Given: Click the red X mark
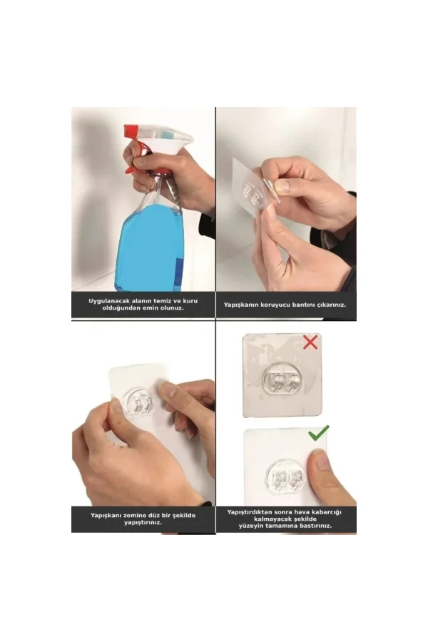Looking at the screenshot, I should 310,342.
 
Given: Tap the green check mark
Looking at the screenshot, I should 317,433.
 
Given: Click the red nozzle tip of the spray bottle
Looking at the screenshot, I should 131,131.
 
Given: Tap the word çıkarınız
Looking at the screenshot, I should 330,305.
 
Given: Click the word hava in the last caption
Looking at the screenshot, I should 301,512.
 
